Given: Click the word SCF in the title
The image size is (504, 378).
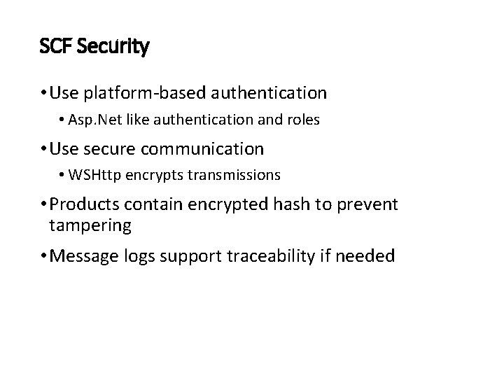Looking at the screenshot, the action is tap(55, 48).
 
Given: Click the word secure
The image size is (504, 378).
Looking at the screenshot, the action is tap(119, 149).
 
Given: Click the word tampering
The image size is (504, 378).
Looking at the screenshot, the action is tap(90, 225).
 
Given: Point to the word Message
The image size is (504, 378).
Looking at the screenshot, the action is tap(83, 256).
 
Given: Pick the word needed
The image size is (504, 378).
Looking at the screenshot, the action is tap(365, 256).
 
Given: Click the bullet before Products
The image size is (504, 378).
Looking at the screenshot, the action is tap(44, 204).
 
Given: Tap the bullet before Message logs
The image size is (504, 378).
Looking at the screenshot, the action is tap(44, 256).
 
